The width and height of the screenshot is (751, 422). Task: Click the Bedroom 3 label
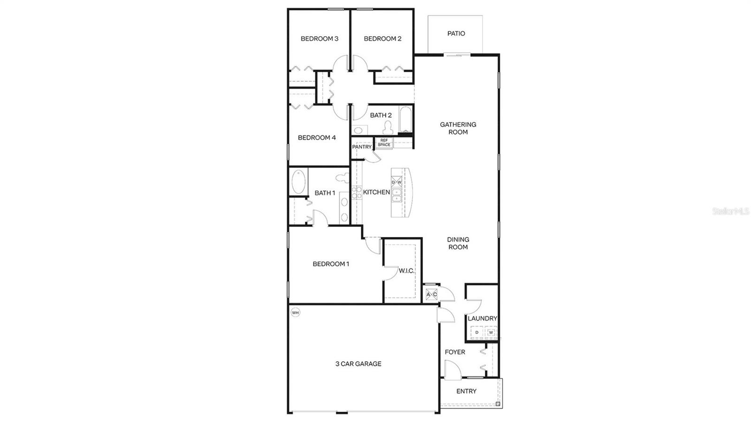(319, 38)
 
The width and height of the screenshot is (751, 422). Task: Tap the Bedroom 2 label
(383, 38)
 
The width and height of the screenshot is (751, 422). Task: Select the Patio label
(456, 33)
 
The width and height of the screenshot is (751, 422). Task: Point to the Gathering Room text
(458, 128)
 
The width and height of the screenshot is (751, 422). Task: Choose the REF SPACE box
(384, 143)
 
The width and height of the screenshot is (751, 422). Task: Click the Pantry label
(362, 147)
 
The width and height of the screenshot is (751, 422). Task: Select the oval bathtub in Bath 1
(298, 182)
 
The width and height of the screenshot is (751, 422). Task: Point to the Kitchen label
(376, 192)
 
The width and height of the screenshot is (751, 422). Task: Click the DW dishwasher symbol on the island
(397, 182)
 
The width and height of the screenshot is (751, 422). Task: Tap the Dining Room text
(458, 243)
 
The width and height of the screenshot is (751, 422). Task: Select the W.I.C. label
(406, 271)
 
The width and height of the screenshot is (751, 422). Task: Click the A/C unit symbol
(431, 294)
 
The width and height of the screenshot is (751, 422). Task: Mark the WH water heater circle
(295, 312)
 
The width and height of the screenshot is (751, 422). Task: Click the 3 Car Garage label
(358, 363)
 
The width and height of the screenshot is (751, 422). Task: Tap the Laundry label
(482, 318)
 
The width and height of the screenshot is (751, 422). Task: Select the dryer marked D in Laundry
(477, 332)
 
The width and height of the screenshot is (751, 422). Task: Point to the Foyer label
(455, 352)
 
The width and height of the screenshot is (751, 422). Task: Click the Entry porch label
(466, 391)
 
